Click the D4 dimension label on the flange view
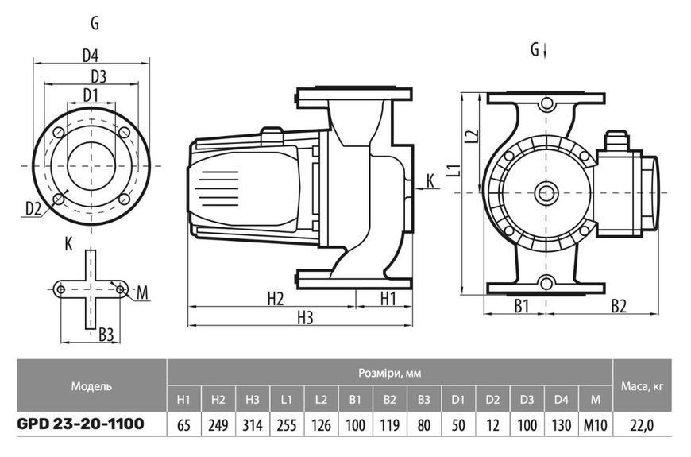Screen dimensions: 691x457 click(91, 56)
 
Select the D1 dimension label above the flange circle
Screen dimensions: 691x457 click(91, 95)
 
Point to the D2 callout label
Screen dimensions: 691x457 click(33, 208)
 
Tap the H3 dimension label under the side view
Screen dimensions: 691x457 click(304, 317)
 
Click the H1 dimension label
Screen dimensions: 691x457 click(388, 299)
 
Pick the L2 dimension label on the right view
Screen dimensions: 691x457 click(472, 137)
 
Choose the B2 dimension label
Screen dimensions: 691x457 click(619, 306)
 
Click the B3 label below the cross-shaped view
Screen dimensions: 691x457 click(106, 335)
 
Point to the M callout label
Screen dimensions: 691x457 click(142, 292)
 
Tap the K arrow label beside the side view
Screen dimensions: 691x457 click(430, 180)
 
